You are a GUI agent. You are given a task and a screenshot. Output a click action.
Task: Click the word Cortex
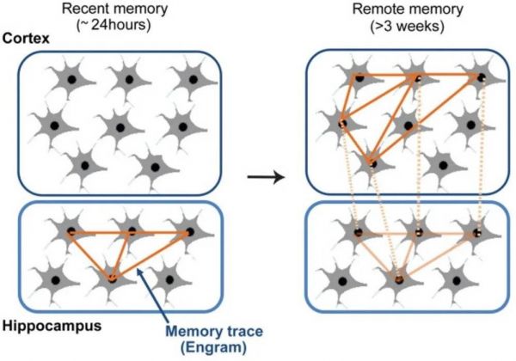click(27, 40)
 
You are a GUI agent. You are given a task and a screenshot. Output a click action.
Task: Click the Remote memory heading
click(398, 9)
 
